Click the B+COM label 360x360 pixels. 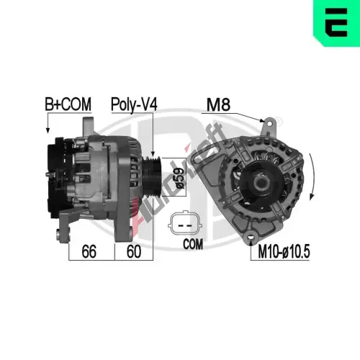coord(68,104)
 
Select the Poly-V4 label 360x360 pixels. coord(134,104)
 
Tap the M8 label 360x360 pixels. coord(218,104)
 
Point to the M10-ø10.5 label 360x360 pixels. coord(284,251)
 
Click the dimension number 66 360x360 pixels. coord(89,251)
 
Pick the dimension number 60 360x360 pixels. coord(133,251)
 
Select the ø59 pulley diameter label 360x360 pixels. coord(180,178)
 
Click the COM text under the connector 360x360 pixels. coord(193,244)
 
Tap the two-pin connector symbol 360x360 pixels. coord(185,223)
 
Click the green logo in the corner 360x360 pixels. coord(336,23)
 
